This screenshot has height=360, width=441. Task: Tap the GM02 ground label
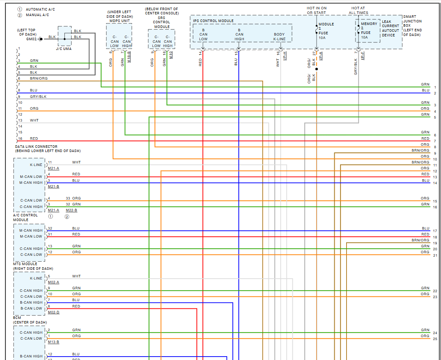(32, 39)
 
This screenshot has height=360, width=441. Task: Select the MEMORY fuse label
(369, 24)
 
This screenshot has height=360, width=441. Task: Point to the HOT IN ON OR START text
(317, 11)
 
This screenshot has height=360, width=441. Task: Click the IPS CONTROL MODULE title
(213, 20)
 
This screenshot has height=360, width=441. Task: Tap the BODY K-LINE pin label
(279, 37)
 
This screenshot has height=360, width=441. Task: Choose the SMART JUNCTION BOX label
(413, 25)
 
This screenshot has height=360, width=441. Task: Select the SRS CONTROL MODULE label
(161, 22)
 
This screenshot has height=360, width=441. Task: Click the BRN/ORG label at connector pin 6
(39, 78)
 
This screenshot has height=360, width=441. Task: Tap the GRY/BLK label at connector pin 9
(38, 97)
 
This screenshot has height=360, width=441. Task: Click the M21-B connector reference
(53, 186)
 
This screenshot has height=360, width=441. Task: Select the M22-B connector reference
(72, 210)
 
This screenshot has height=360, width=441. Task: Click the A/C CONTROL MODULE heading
(26, 217)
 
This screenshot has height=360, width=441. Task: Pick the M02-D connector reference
(53, 312)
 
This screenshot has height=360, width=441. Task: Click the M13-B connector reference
(53, 342)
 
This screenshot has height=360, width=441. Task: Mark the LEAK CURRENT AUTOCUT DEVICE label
(390, 28)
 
